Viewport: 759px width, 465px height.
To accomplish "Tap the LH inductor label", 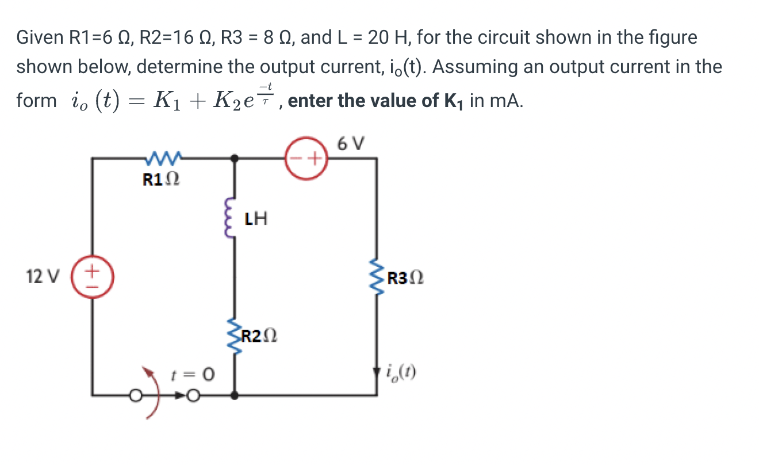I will click(255, 219).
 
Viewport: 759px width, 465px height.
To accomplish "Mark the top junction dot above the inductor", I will click(233, 157).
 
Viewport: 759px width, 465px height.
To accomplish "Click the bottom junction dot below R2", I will click(233, 395).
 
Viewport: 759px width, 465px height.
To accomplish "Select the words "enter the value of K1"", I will click(376, 101).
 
